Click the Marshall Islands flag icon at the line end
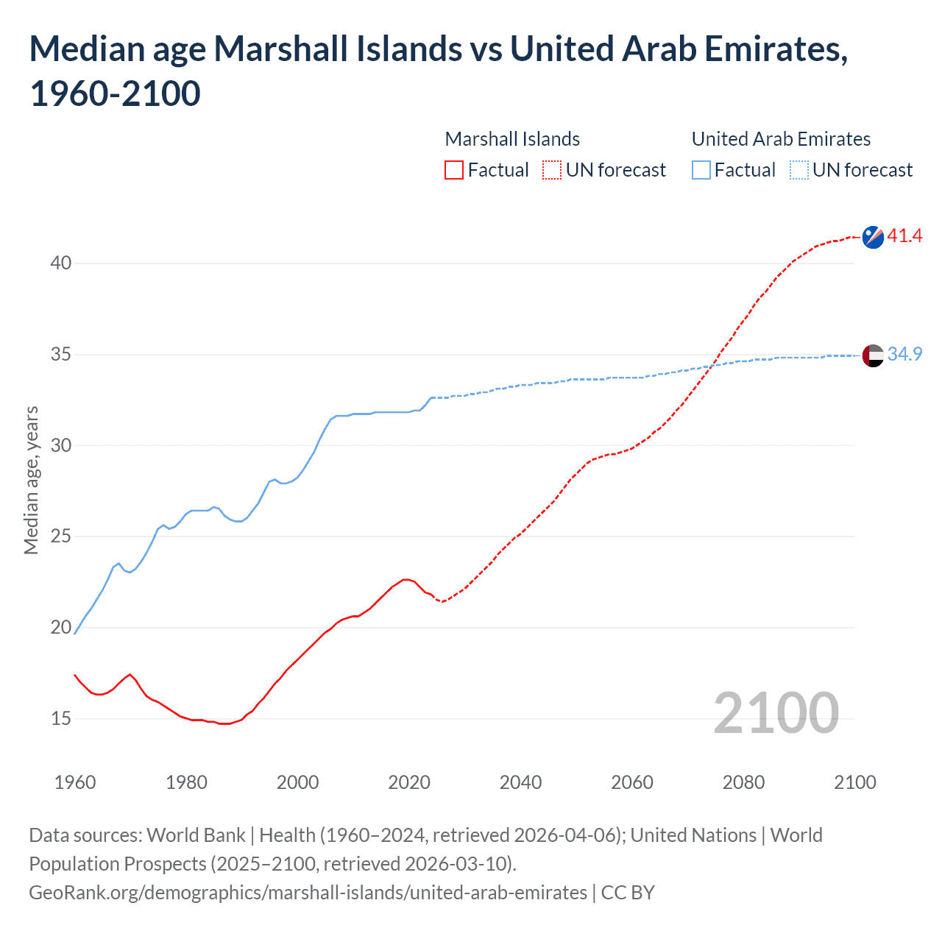[x=873, y=237]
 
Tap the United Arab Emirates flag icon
[x=873, y=355]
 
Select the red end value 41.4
[x=904, y=236]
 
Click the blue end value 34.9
[x=904, y=355]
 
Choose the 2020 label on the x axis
[x=409, y=782]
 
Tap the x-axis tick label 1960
[x=75, y=782]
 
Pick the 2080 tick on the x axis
[x=743, y=782]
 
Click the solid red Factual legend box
[x=454, y=170]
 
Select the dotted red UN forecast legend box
[x=552, y=170]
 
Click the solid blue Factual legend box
[x=701, y=170]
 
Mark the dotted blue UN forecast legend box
[x=799, y=170]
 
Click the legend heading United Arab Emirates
[x=781, y=139]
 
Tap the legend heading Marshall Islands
[x=512, y=139]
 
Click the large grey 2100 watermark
[x=776, y=713]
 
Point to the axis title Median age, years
[x=31, y=480]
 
